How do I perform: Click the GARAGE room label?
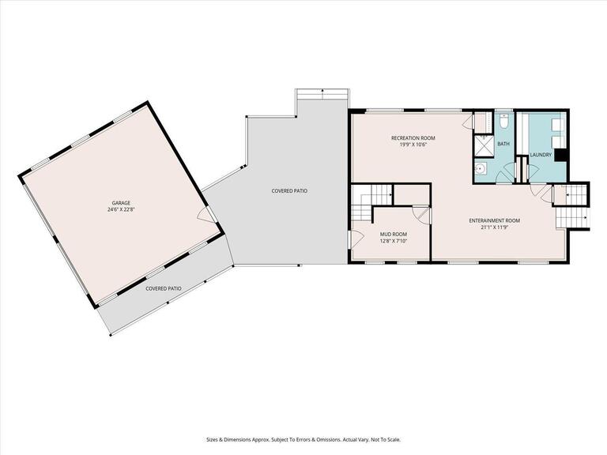[120, 203]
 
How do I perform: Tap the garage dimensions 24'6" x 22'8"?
[120, 210]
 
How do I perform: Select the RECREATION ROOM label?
[413, 138]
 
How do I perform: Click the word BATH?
[503, 144]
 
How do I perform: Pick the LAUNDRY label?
[541, 155]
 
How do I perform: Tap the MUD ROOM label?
[393, 235]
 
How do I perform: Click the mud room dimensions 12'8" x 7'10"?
[393, 242]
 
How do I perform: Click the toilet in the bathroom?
[503, 122]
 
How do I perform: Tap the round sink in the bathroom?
[480, 168]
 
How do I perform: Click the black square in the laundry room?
[560, 155]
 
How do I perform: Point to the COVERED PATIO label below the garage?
[164, 288]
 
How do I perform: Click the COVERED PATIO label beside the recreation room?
[289, 191]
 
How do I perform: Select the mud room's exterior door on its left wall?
[355, 238]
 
